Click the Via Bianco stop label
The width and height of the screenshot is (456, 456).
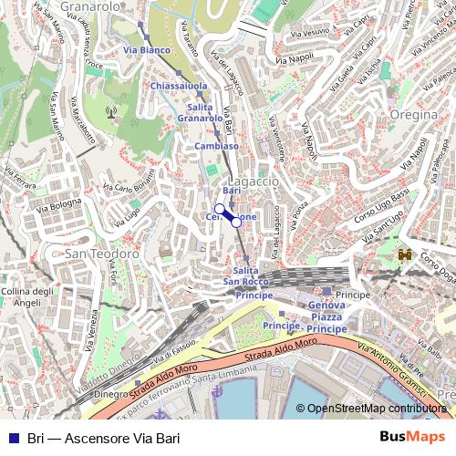click(146, 49)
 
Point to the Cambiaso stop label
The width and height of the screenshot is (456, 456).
click(217, 146)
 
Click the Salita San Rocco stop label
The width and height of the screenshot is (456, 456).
click(246, 277)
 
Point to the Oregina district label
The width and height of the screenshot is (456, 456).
click(416, 116)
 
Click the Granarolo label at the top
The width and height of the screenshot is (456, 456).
click(91, 7)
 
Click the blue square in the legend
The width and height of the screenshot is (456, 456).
click(10, 438)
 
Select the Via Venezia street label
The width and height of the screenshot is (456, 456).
click(98, 321)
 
